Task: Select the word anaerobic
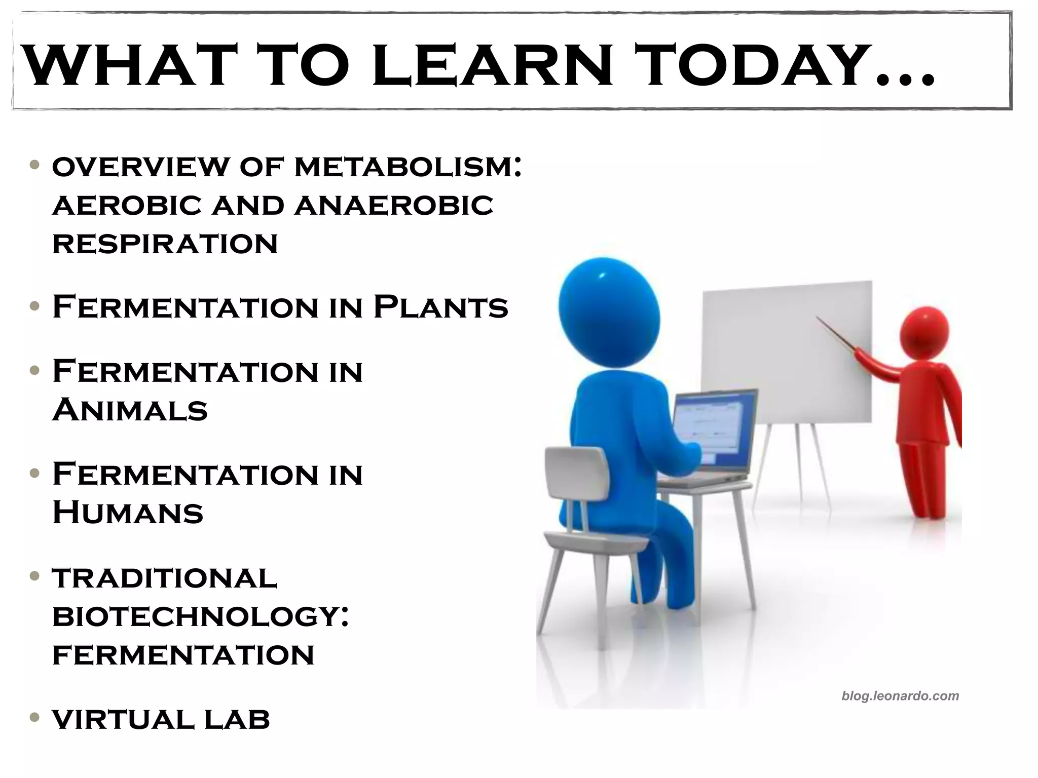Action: coord(394,206)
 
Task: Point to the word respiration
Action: coord(165,244)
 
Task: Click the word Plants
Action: coord(440,307)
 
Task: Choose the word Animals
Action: coord(130,410)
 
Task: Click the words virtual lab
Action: coord(161,719)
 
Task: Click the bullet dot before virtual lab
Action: coord(34,717)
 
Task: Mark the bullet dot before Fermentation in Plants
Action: coord(34,306)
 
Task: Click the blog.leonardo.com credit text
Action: coord(900,696)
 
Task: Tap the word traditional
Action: coord(165,578)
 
